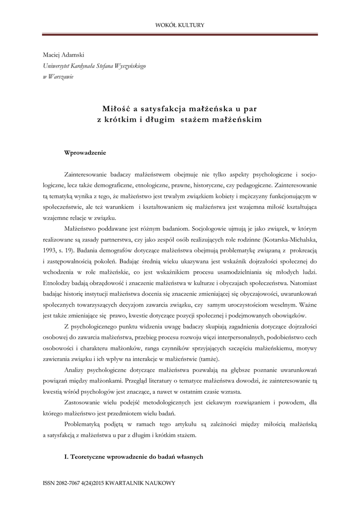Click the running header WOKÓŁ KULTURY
[x=180, y=25]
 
